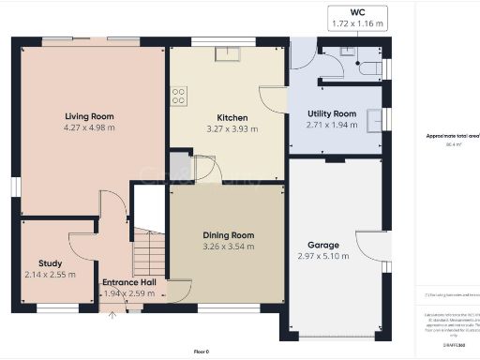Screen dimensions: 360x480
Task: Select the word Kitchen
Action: [x=231, y=118]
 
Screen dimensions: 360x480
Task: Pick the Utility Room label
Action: [x=332, y=112]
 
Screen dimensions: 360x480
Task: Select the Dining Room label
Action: [x=229, y=235]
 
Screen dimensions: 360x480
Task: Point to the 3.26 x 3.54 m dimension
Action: [x=229, y=247]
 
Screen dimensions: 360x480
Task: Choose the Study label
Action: [x=50, y=263]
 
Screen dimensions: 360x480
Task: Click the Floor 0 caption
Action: [x=201, y=351]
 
